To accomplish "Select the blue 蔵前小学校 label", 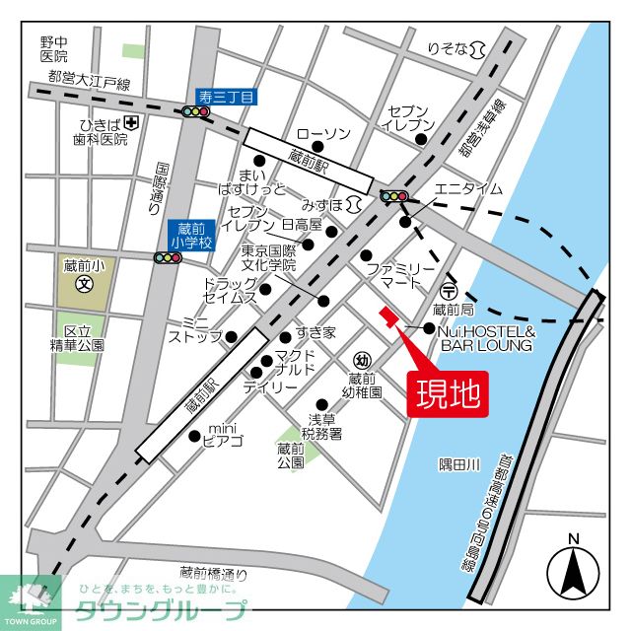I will click(x=190, y=236).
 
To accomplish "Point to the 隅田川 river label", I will click(x=458, y=464).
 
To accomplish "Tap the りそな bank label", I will click(x=448, y=48).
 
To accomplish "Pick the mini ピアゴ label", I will click(x=223, y=433).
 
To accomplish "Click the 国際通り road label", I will click(x=161, y=187).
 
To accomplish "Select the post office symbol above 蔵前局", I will click(x=448, y=292).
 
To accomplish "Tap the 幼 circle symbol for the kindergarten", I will click(x=363, y=360).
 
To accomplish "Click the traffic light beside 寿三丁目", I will click(x=196, y=111).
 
